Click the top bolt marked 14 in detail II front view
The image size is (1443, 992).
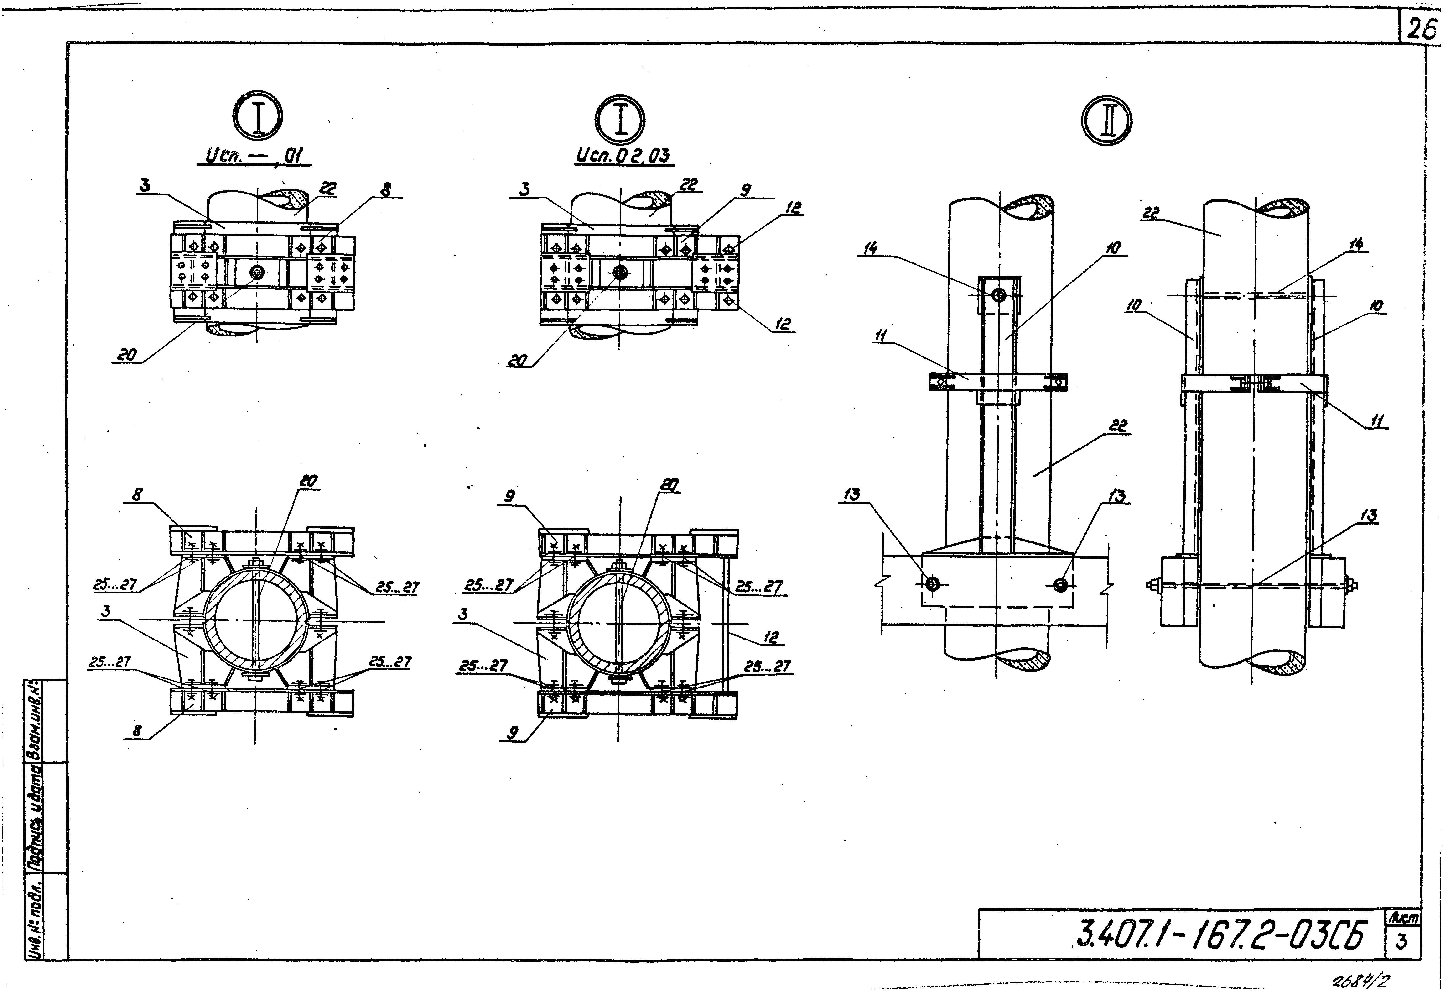998,295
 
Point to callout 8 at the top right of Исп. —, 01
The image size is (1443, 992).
386,191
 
